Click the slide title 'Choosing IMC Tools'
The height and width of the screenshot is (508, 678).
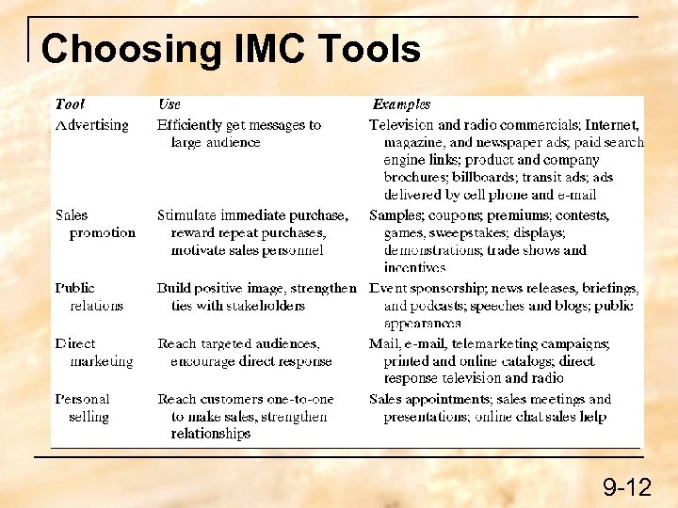[231, 50]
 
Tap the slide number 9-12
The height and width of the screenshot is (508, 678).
[627, 486]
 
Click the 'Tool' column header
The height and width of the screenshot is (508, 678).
[70, 104]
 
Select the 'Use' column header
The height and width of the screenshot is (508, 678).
[169, 104]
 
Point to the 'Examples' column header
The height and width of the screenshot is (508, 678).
[401, 104]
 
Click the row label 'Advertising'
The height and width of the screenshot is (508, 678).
[91, 124]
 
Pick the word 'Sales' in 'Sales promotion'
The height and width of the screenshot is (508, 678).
[72, 215]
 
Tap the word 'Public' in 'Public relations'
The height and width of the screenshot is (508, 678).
[74, 288]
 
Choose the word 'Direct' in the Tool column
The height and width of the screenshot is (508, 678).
[75, 343]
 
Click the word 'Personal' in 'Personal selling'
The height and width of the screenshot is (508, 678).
[82, 399]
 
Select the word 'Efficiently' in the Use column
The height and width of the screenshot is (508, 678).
[189, 124]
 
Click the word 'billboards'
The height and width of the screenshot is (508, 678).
[482, 177]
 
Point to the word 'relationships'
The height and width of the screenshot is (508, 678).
[210, 434]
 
